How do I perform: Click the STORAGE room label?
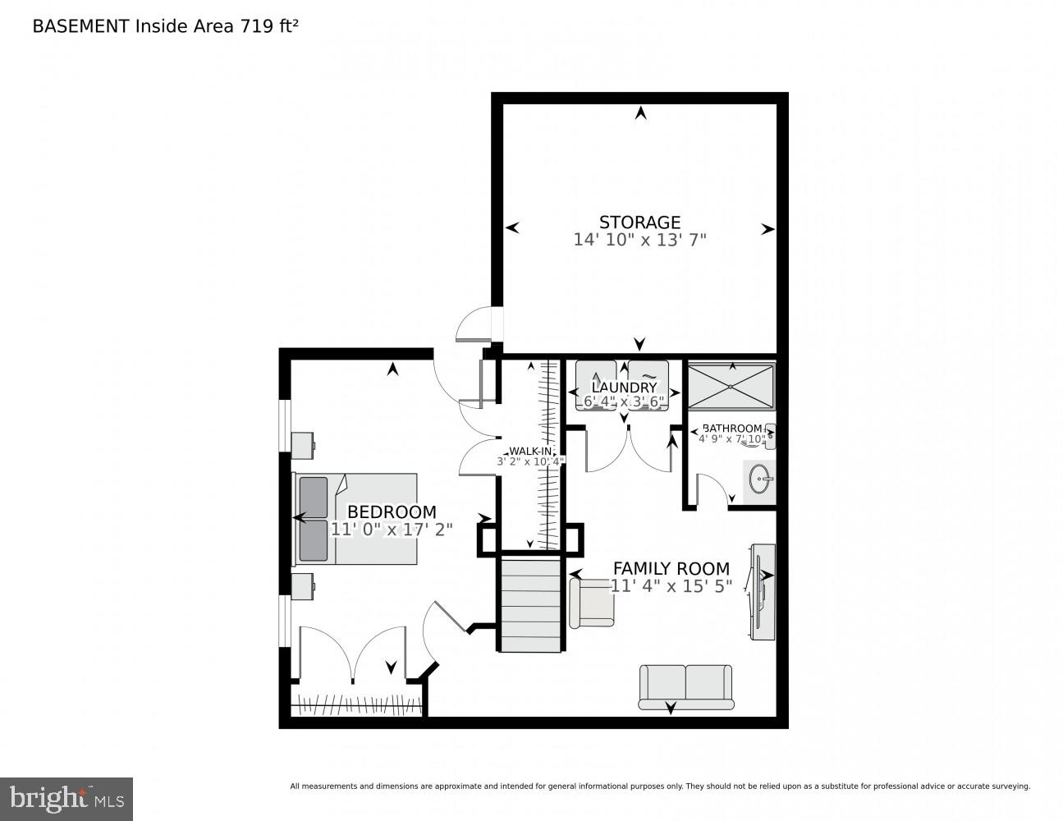pyautogui.click(x=639, y=222)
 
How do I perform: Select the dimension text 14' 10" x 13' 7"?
pyautogui.click(x=639, y=241)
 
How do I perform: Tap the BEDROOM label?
pyautogui.click(x=392, y=512)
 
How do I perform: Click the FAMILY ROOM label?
pyautogui.click(x=671, y=568)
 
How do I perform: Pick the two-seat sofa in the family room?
pyautogui.click(x=685, y=686)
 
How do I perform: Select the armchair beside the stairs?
pyautogui.click(x=591, y=603)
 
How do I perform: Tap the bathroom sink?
pyautogui.click(x=760, y=480)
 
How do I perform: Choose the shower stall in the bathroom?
pyautogui.click(x=731, y=386)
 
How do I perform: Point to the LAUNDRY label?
pyautogui.click(x=624, y=388)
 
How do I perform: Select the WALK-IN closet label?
pyautogui.click(x=530, y=452)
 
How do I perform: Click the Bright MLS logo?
pyautogui.click(x=66, y=798)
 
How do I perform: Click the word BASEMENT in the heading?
pyautogui.click(x=80, y=26)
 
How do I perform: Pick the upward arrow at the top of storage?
pyautogui.click(x=640, y=113)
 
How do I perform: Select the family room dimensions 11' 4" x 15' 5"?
pyautogui.click(x=671, y=586)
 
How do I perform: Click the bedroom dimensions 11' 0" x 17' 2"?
pyautogui.click(x=392, y=530)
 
